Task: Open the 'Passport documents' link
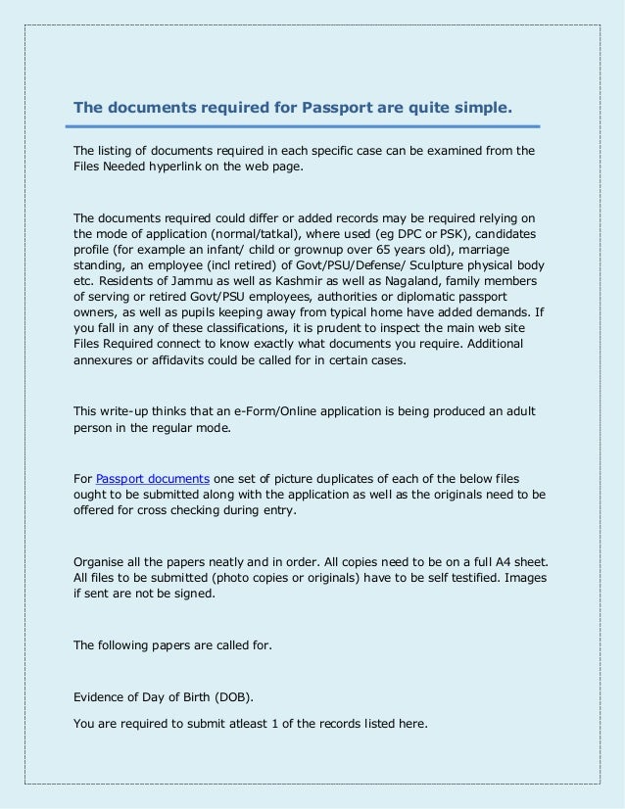click(152, 478)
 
